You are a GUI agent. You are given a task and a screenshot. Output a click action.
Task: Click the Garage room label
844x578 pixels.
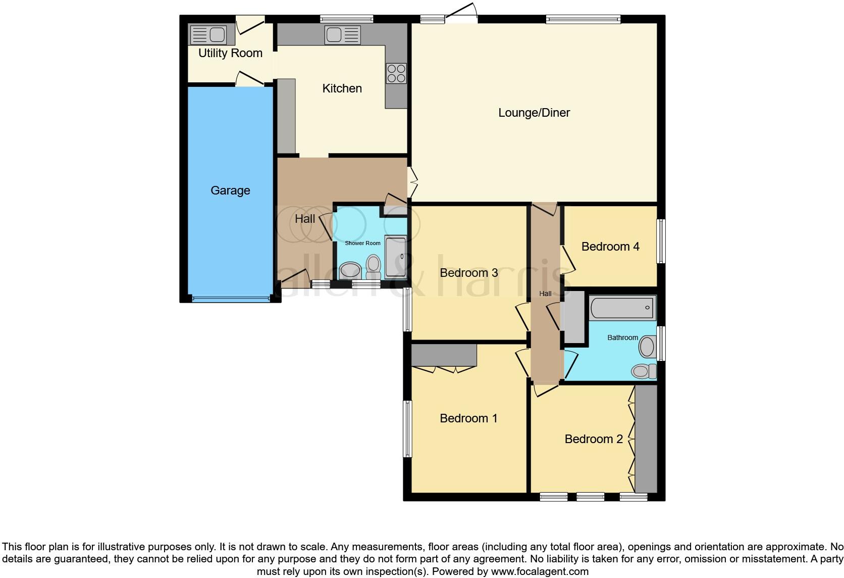[230, 190]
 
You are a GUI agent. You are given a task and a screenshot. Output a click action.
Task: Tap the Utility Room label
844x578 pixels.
[230, 53]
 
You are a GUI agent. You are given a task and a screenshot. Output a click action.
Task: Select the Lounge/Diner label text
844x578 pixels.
[534, 113]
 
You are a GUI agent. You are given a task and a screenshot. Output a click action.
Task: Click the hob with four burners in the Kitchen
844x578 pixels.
[396, 73]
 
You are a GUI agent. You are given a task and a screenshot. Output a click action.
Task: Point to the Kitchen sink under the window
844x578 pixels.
[343, 35]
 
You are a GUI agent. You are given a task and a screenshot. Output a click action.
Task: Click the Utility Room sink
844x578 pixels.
[208, 34]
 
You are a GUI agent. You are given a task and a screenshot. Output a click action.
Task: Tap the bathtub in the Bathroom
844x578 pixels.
[622, 307]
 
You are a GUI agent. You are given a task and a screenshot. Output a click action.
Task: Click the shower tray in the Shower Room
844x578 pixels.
[395, 257]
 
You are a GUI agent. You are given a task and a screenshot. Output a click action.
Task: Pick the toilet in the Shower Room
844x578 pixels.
[374, 266]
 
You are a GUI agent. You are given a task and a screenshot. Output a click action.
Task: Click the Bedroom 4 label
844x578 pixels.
[610, 247]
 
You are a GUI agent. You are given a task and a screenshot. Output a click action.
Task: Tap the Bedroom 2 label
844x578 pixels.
[594, 439]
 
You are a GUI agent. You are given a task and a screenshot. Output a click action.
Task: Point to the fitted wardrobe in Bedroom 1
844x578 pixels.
[444, 355]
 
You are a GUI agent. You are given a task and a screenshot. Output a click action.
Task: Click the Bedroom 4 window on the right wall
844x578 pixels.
[661, 241]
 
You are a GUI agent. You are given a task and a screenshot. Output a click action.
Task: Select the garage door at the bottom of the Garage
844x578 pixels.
[230, 299]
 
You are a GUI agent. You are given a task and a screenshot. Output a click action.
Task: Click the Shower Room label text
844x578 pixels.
[362, 243]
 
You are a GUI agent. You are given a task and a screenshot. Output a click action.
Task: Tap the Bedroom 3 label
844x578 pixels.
[468, 273]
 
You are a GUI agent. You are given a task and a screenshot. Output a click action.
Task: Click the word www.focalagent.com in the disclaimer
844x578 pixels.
[540, 572]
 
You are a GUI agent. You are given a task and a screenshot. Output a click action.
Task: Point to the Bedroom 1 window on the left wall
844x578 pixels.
[407, 429]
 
